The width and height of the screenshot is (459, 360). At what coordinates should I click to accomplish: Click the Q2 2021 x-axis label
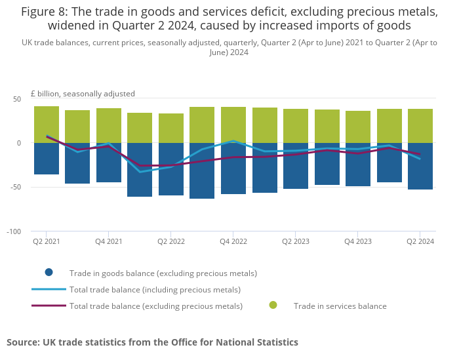[x=47, y=241]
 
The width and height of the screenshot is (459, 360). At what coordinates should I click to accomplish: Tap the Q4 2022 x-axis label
[x=233, y=241]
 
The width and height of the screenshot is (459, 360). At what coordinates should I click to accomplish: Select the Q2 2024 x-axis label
[x=420, y=241]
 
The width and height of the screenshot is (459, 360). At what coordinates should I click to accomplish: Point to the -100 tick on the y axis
[x=14, y=231]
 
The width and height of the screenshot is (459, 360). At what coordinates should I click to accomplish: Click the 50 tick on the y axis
[x=17, y=99]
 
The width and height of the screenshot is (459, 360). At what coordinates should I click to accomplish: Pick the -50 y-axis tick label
[x=16, y=187]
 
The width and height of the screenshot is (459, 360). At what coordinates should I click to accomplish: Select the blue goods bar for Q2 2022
[x=171, y=169]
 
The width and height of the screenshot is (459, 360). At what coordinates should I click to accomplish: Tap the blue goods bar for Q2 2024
[x=420, y=167]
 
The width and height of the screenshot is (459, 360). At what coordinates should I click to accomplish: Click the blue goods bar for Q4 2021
[x=109, y=163]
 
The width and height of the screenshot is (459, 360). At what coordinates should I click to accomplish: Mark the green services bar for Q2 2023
[x=296, y=126]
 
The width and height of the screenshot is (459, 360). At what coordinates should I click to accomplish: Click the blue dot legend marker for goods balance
[x=49, y=273]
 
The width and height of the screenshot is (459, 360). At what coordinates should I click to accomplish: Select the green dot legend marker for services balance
[x=273, y=306]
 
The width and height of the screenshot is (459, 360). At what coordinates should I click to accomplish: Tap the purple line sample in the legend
[x=49, y=306]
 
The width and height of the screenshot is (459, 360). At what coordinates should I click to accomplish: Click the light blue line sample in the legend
[x=49, y=289]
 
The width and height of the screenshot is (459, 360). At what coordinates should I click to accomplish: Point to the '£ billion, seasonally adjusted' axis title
[x=83, y=93]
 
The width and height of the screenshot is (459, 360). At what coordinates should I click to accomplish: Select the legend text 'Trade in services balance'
[x=340, y=306]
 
